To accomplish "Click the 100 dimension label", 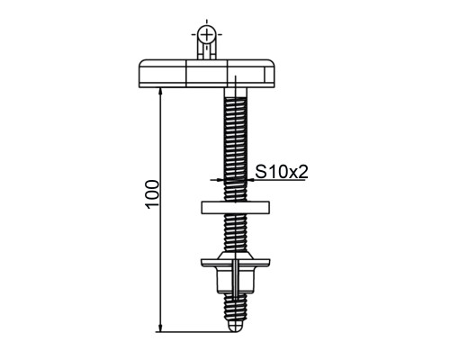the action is pyautogui.click(x=152, y=193).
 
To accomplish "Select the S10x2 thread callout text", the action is pyautogui.click(x=282, y=172).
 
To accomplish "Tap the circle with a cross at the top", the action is pyautogui.click(x=207, y=34).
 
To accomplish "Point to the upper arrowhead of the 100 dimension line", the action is pyautogui.click(x=160, y=92).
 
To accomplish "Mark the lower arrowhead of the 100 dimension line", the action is pyautogui.click(x=160, y=328).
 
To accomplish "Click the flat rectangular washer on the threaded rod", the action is pyautogui.click(x=235, y=208).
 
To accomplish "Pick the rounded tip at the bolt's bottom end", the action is pyautogui.click(x=236, y=327).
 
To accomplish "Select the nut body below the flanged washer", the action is pyautogui.click(x=236, y=280).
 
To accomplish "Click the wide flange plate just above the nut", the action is pyautogui.click(x=236, y=263).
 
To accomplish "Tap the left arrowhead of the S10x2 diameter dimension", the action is pyautogui.click(x=220, y=180).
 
